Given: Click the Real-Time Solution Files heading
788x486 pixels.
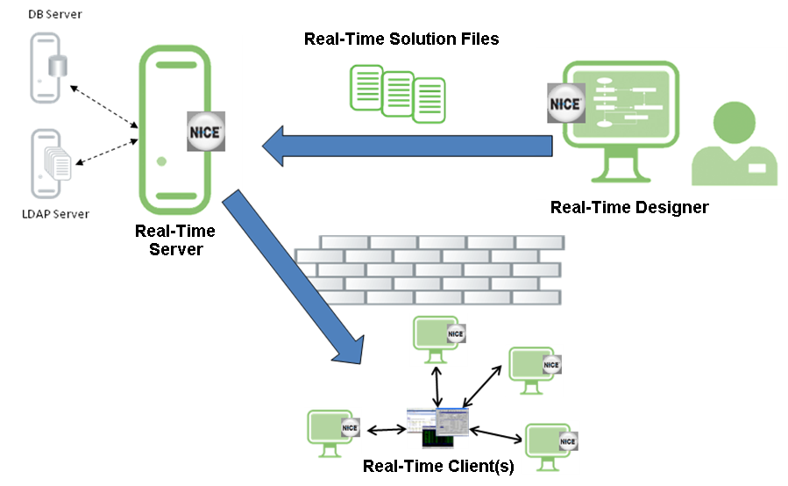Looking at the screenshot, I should pyautogui.click(x=401, y=39).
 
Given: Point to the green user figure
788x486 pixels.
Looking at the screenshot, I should pyautogui.click(x=735, y=145).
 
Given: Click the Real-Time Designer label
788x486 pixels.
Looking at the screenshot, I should pyautogui.click(x=628, y=208).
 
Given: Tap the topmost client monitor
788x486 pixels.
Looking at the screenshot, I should pyautogui.click(x=437, y=337).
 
